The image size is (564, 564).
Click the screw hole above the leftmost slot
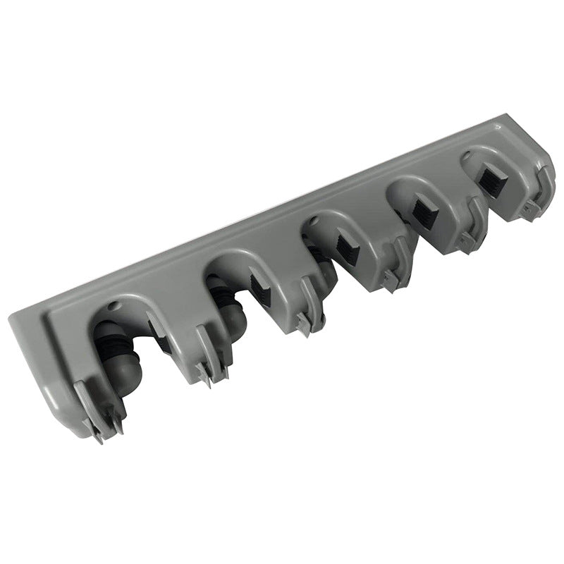click(x=114, y=308)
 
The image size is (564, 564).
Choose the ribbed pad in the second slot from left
click(x=259, y=286)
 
